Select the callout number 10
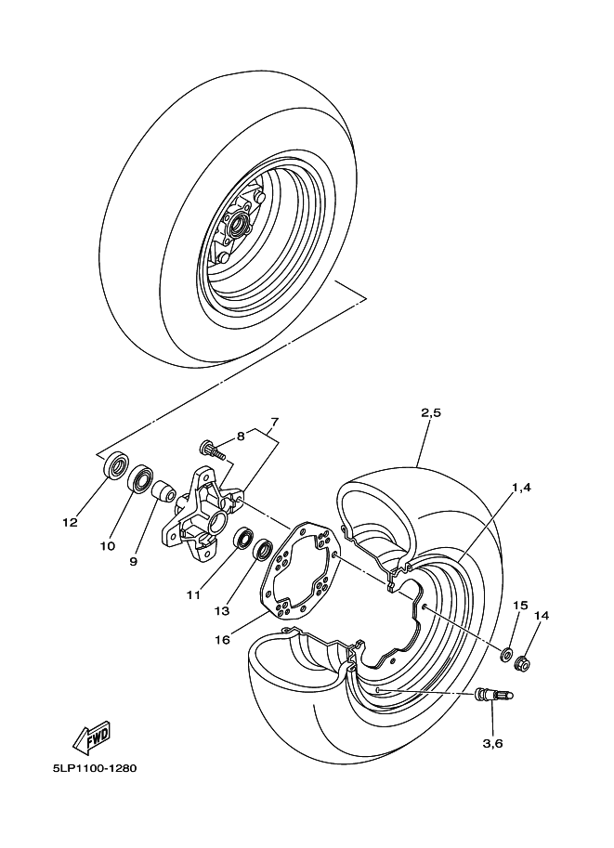tap(108, 546)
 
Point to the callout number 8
tap(240, 435)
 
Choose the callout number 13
tap(222, 610)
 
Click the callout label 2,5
tap(429, 412)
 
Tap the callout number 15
tap(521, 605)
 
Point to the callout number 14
tap(542, 615)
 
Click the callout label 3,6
tap(493, 743)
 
